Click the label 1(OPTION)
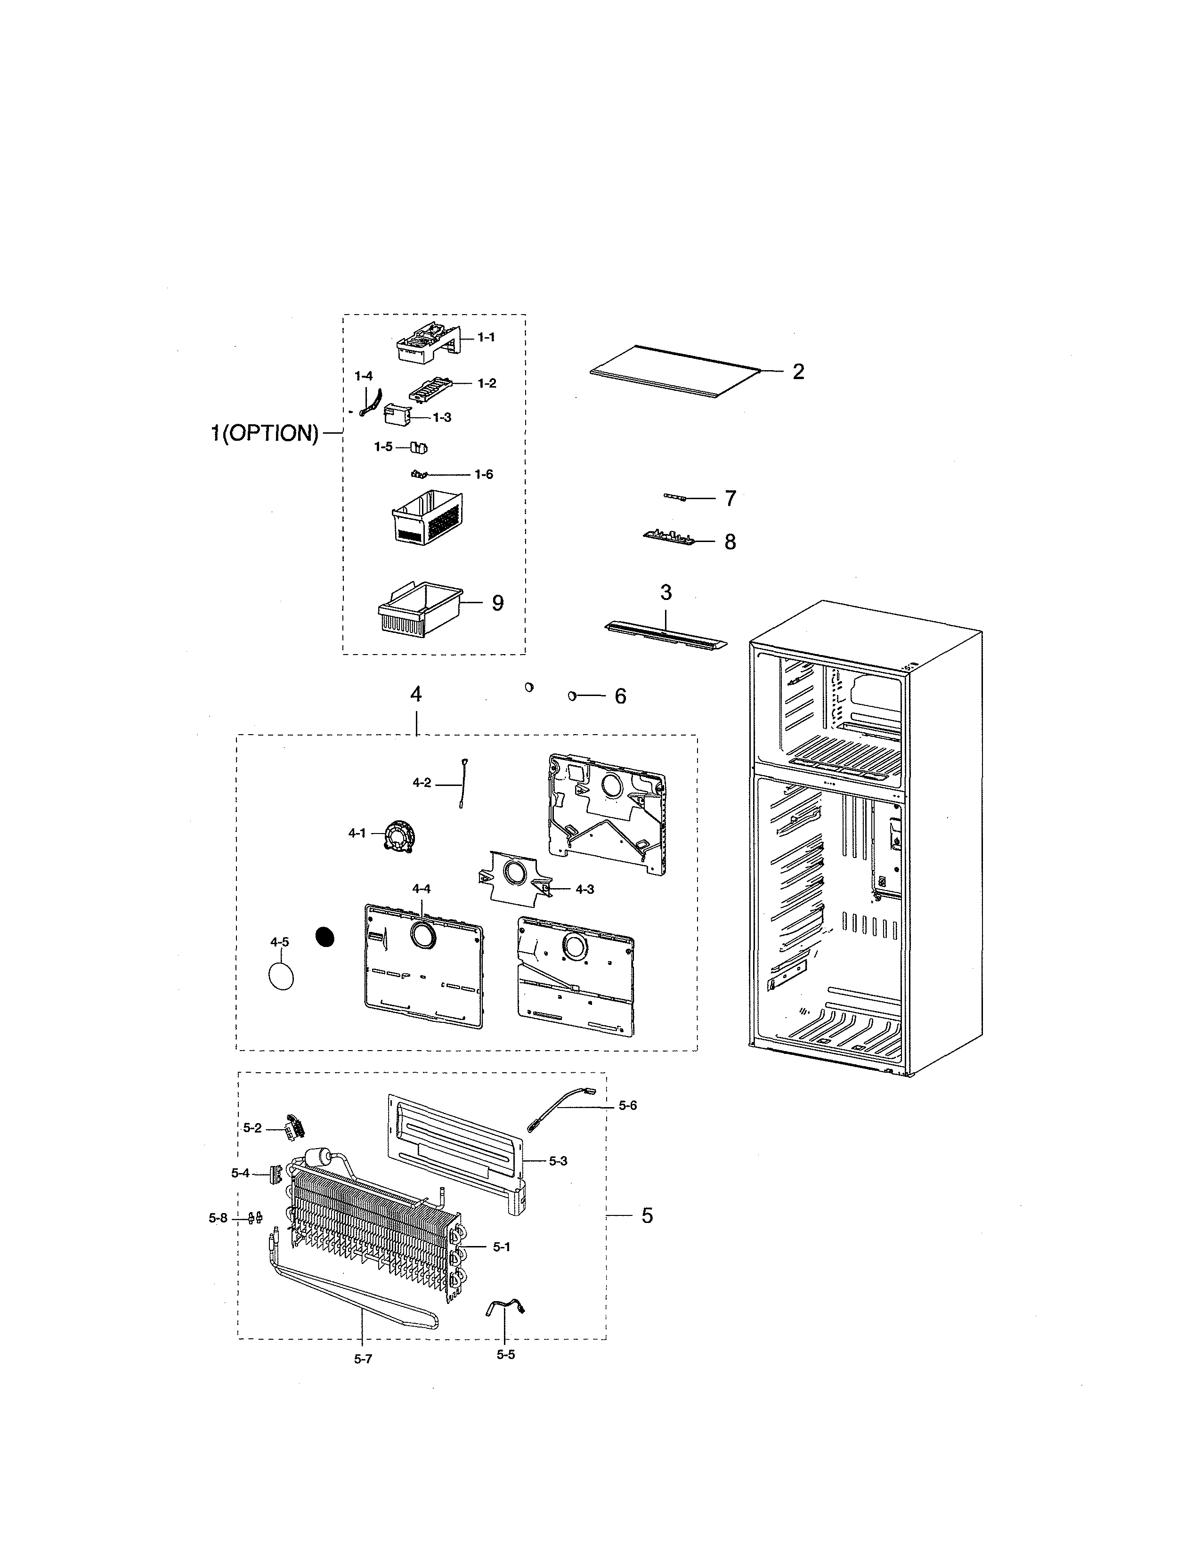click(264, 433)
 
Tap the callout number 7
click(730, 499)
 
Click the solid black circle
click(325, 938)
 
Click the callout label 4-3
click(585, 889)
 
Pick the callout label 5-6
click(627, 1105)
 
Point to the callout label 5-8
click(218, 1218)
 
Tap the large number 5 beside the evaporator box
click(647, 1215)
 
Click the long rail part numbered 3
click(665, 633)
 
